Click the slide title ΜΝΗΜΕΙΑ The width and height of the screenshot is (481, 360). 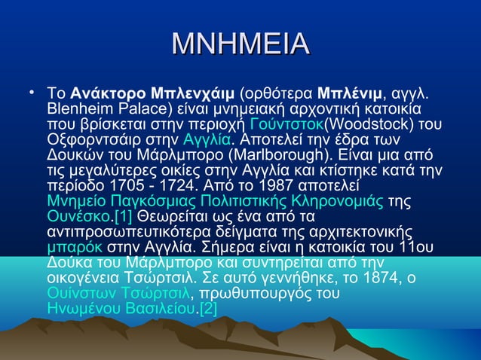tap(240, 44)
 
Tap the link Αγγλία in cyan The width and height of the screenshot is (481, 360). tap(207, 139)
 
